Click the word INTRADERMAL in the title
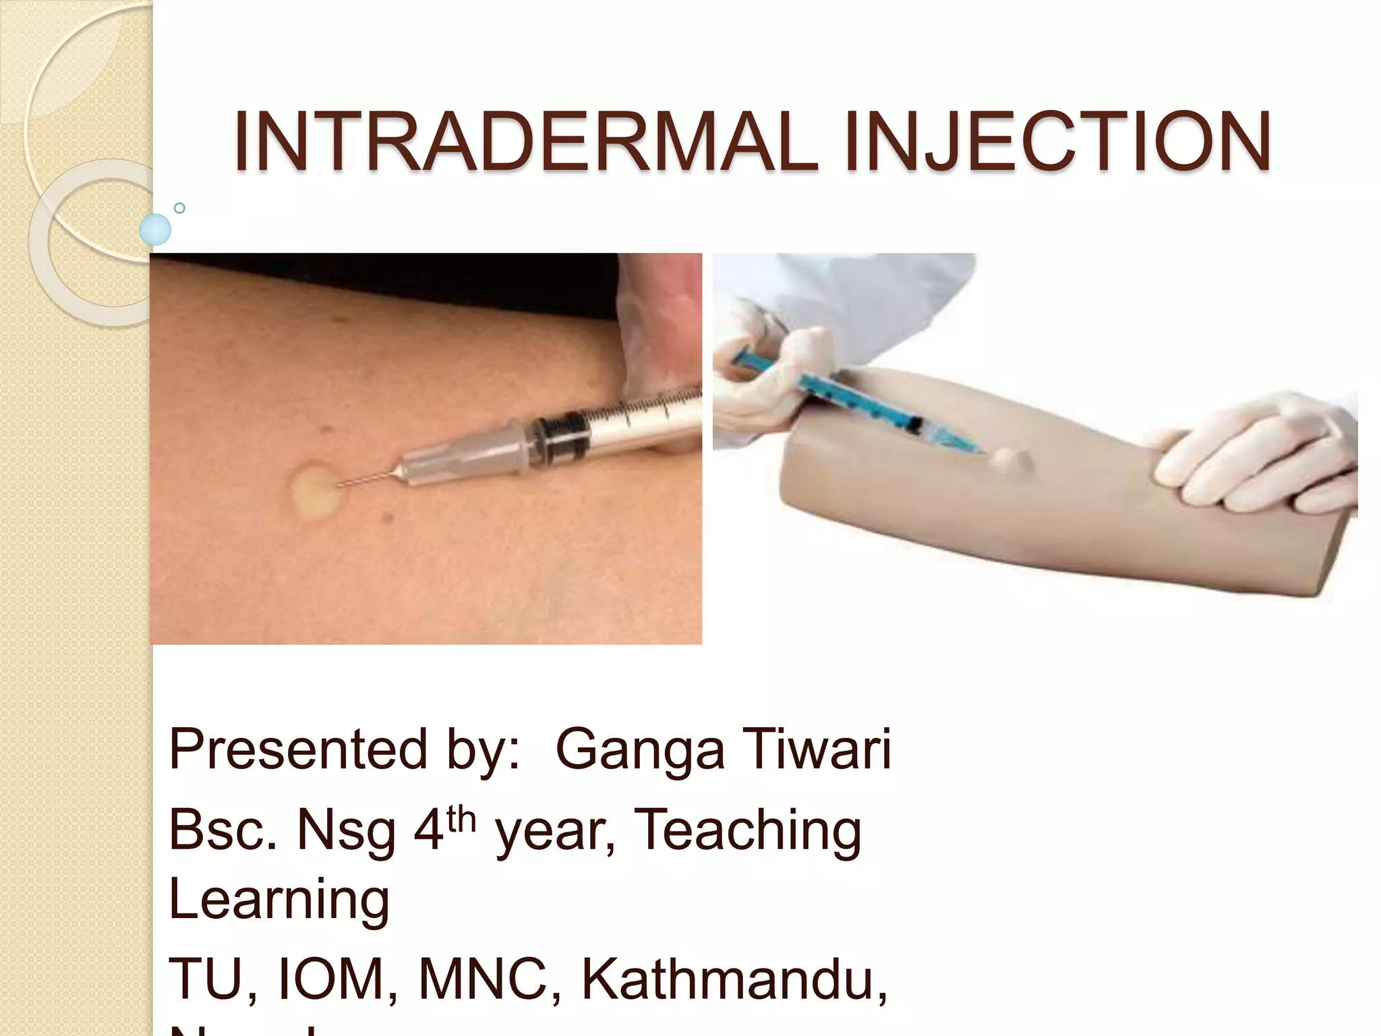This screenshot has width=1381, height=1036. click(525, 142)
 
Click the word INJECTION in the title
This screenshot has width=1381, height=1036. click(1057, 142)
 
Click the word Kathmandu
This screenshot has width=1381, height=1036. click(734, 979)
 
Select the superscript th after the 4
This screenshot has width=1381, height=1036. click(461, 819)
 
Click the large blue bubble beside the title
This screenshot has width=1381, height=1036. click(155, 229)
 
